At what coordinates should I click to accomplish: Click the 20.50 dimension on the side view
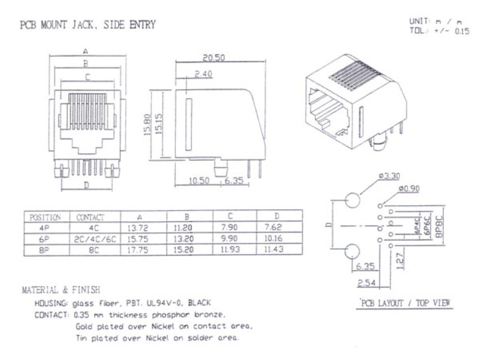(214, 58)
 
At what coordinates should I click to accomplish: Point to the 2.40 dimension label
(204, 74)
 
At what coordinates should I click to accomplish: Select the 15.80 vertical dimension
(147, 125)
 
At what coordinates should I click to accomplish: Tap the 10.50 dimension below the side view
(199, 180)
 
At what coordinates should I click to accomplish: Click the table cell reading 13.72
(137, 228)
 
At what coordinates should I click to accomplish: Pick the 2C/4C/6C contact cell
(95, 239)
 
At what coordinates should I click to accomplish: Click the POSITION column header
(45, 217)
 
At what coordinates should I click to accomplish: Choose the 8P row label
(44, 250)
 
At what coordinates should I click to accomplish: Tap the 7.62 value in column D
(273, 227)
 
